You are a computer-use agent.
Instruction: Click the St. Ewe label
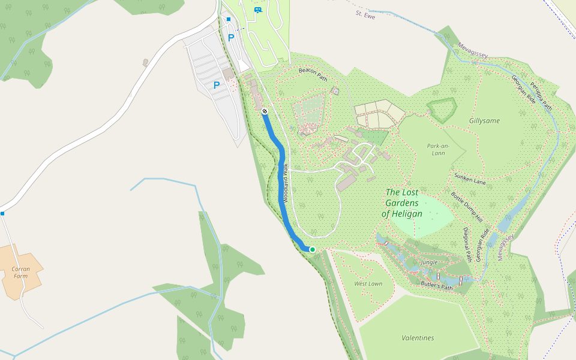point(365,13)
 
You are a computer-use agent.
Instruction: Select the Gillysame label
point(484,121)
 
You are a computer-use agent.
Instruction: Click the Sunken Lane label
point(469,178)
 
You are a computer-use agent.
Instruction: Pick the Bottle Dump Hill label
point(467,207)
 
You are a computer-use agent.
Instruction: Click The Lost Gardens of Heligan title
point(402,203)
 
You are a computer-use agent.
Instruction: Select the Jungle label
point(429,263)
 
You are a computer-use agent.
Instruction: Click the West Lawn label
point(368,284)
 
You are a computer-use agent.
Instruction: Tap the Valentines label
point(418,338)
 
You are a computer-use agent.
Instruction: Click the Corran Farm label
point(20,272)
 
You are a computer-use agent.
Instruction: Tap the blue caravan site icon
point(258,10)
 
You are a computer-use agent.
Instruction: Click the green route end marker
point(312,249)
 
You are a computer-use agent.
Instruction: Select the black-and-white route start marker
point(264,111)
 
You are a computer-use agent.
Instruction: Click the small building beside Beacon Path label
point(335,91)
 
